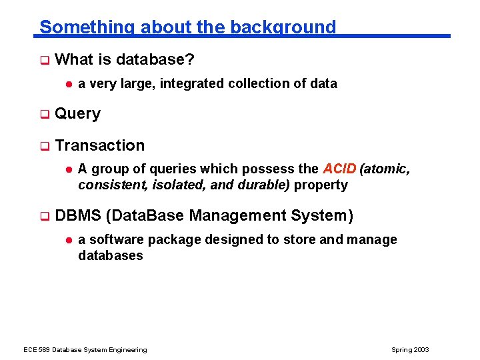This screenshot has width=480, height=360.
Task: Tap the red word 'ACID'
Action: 339,169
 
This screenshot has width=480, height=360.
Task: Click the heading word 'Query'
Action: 77,114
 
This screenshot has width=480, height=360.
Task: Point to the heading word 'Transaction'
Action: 100,145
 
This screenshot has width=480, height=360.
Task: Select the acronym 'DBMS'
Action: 78,215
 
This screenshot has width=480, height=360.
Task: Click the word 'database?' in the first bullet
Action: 155,59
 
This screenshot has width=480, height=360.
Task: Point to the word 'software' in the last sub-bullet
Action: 116,240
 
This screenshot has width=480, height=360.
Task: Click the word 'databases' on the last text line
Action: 110,256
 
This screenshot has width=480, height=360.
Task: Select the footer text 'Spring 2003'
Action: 410,350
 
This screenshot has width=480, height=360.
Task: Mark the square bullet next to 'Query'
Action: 45,115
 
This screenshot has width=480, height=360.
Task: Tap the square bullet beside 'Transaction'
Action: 45,146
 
